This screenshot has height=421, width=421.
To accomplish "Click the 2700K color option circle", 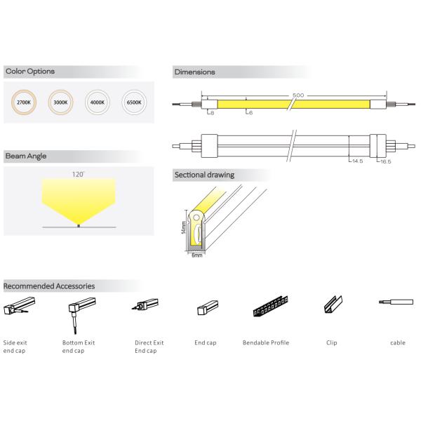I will coord(23,102).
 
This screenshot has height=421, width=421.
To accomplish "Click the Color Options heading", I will coord(29,72).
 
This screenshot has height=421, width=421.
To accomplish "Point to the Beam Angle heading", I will coord(26,156).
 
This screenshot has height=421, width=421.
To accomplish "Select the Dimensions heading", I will coord(194,72).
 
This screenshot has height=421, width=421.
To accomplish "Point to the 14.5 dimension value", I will coord(357,161).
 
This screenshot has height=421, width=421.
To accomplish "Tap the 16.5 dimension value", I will coord(385,161).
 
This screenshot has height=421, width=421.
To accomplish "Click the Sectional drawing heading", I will coord(203,175).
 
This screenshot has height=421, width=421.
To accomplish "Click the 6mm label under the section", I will coord(196,255).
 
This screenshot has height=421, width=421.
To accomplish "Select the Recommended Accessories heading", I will coord(49,286).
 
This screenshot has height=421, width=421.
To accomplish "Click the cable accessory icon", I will coord(397,302).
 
